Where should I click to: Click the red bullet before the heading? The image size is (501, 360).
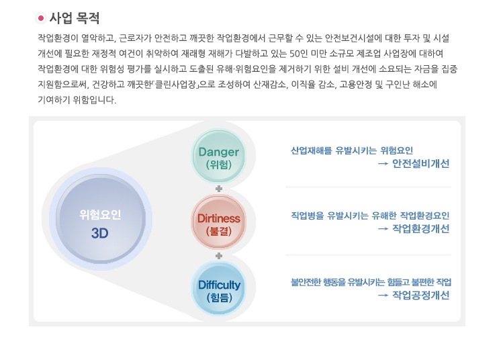40,18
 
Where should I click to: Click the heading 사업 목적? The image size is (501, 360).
75,18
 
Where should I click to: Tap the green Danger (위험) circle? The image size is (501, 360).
218,156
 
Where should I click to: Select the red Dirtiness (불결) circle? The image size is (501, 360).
218,222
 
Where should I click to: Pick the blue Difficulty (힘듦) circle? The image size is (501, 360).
218,289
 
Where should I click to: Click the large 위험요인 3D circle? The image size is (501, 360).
100,219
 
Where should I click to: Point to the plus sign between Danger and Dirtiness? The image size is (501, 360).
219,189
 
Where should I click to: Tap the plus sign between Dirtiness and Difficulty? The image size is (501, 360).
219,256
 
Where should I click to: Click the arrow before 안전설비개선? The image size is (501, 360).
383,164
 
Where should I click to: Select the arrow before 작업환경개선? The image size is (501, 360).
383,229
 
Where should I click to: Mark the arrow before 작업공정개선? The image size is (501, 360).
383,296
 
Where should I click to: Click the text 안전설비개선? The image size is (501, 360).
421,164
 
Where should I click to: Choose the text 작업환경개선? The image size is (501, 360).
421,229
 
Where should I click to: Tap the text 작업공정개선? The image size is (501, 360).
421,295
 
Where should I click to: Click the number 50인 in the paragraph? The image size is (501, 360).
299,54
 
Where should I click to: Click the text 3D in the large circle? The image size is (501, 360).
99,234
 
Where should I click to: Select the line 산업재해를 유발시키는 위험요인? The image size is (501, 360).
352,150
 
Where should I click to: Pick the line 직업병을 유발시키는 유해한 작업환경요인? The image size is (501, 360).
370,216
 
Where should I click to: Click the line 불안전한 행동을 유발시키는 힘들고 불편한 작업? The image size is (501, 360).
371,282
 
